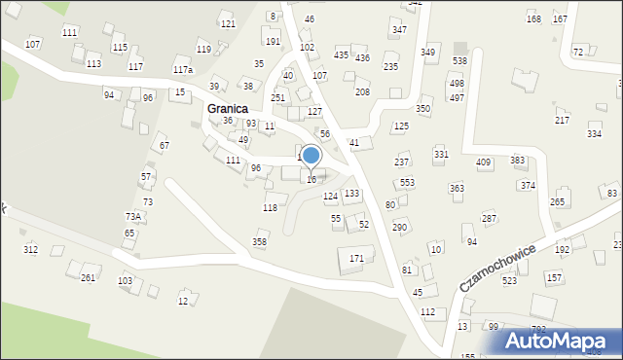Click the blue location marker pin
point(311,156)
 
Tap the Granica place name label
point(227,109)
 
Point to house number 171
point(356,258)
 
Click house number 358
point(260,241)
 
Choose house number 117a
point(183,70)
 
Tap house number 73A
point(133,216)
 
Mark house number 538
point(459,61)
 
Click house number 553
point(407,183)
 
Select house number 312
point(31,250)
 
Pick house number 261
point(88,278)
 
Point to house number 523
point(510,280)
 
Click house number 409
point(483,162)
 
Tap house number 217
point(562,121)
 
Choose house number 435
point(342,55)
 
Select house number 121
point(228,23)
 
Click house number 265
point(557,202)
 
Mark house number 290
point(399,228)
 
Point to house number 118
point(270,208)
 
